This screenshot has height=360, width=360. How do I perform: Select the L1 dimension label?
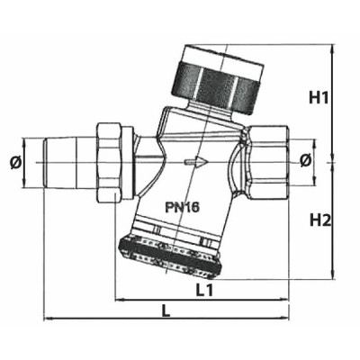click(x=204, y=290)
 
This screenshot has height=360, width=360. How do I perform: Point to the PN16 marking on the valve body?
click(x=182, y=206)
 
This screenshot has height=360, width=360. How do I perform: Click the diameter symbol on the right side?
click(x=303, y=161)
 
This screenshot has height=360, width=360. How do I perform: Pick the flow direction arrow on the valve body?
click(x=193, y=163)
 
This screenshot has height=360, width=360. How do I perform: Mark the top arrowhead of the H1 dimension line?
click(x=333, y=47)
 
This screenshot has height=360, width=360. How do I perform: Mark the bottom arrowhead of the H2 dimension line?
click(x=333, y=275)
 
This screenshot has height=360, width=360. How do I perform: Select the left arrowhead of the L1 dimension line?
click(x=118, y=298)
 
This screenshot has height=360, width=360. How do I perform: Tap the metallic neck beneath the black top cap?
click(x=193, y=116)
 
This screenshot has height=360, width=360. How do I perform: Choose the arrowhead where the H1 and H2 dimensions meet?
click(x=333, y=162)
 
